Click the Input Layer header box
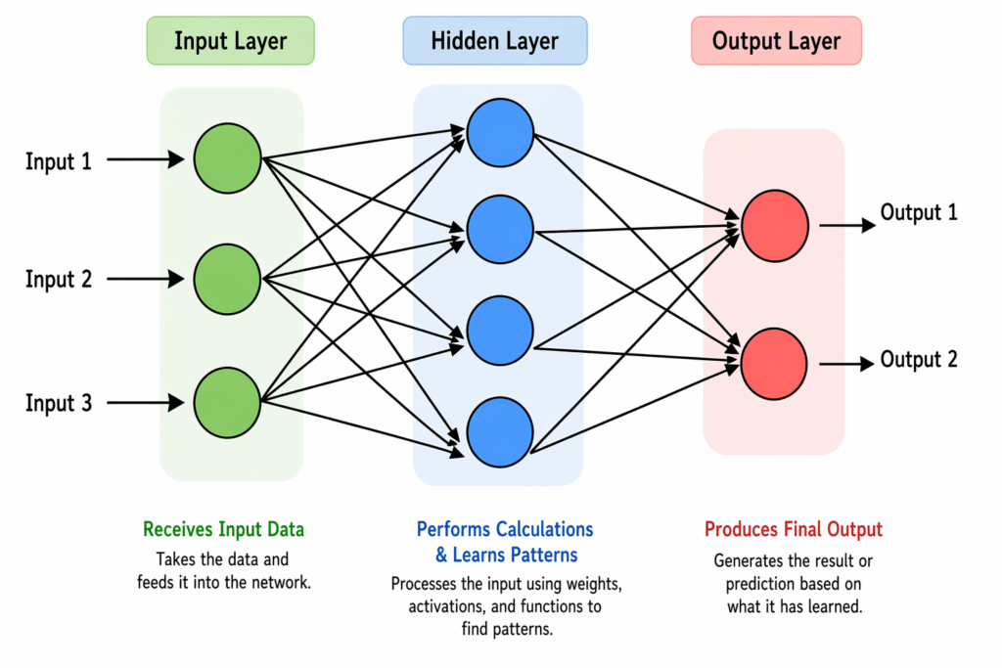coord(230,41)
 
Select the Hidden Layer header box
coord(494,41)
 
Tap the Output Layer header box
coord(776,41)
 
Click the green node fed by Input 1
coord(228,158)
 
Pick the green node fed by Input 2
coord(228,280)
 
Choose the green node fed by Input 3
coord(228,402)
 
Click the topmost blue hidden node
coord(500,133)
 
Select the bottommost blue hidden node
coord(500,430)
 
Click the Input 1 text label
coord(59,161)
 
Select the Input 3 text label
coord(59,402)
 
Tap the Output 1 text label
coord(919,212)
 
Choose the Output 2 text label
coord(919,360)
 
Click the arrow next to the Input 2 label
coord(145,280)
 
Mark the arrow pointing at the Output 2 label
coord(845,364)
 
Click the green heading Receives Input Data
coord(223,529)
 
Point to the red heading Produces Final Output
coord(794,529)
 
